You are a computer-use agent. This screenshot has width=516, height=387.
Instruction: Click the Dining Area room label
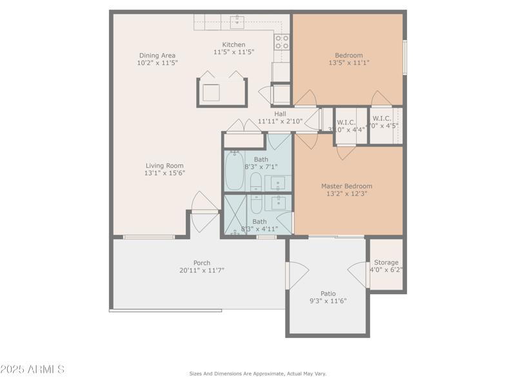tap(157, 55)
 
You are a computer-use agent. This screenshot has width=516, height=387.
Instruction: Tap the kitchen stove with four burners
tap(282, 42)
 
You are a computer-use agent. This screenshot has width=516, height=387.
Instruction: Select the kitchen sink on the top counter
tap(237, 22)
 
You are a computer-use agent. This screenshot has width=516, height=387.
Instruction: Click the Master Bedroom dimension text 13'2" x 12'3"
tap(346, 193)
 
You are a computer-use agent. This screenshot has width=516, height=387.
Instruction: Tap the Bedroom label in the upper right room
tap(348, 55)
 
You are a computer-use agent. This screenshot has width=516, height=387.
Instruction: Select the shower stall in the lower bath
tap(234, 215)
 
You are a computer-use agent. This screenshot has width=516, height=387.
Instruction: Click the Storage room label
tap(386, 263)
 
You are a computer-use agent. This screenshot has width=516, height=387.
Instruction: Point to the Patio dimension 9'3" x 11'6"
tap(328, 301)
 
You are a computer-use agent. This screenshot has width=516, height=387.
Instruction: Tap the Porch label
tap(202, 263)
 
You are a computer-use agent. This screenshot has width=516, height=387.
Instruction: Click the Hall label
tap(280, 114)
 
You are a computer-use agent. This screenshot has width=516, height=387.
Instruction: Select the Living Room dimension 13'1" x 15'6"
tap(164, 173)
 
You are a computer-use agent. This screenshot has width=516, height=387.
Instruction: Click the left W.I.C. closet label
tap(346, 122)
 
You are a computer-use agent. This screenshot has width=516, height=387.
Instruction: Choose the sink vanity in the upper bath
tap(278, 183)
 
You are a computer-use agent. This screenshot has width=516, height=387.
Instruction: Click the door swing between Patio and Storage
tap(359, 275)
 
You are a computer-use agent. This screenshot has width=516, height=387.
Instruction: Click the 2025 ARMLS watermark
tap(32, 370)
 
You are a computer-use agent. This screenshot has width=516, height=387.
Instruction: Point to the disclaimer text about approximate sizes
tap(257, 373)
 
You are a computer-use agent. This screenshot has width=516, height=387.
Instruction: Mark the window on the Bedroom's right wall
tap(404, 57)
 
